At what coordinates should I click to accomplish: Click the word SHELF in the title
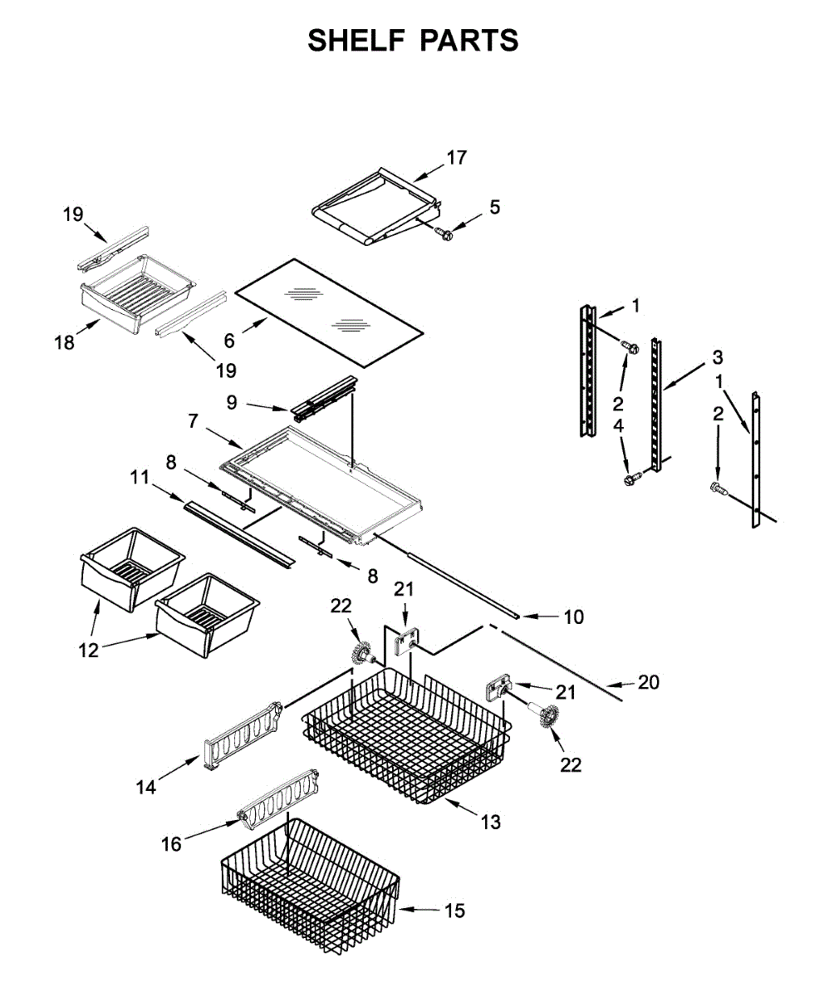click(356, 40)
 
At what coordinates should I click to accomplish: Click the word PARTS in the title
click(469, 40)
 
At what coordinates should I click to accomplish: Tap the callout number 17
click(457, 158)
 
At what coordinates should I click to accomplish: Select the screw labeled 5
click(444, 233)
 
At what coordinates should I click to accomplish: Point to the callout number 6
click(229, 341)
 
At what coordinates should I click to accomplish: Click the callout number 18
click(65, 342)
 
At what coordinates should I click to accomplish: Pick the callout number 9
click(232, 402)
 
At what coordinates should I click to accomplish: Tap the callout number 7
click(193, 420)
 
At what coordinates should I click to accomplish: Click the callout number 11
click(140, 477)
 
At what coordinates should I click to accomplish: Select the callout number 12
click(88, 651)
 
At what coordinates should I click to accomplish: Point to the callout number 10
click(574, 617)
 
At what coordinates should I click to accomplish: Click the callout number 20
click(649, 682)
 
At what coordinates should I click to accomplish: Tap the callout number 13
click(490, 823)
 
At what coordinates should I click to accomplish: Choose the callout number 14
click(146, 788)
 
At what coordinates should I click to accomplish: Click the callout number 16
click(171, 844)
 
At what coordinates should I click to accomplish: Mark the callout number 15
click(454, 911)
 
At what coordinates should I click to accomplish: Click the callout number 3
click(718, 357)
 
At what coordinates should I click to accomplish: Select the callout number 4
click(618, 425)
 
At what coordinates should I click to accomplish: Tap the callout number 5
click(495, 207)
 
